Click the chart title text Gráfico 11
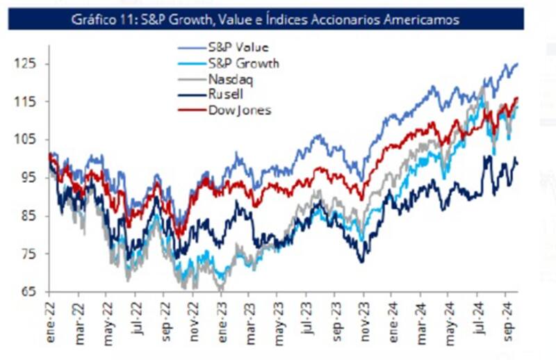point(265,20)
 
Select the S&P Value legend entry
point(238,49)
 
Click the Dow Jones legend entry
point(239,110)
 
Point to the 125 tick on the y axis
point(26,64)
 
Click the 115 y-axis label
point(26,101)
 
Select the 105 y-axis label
point(26,140)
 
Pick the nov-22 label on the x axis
point(195,316)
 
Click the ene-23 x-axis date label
point(223,316)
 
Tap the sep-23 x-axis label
point(338,316)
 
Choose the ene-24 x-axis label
point(395,316)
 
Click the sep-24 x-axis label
point(509,316)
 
